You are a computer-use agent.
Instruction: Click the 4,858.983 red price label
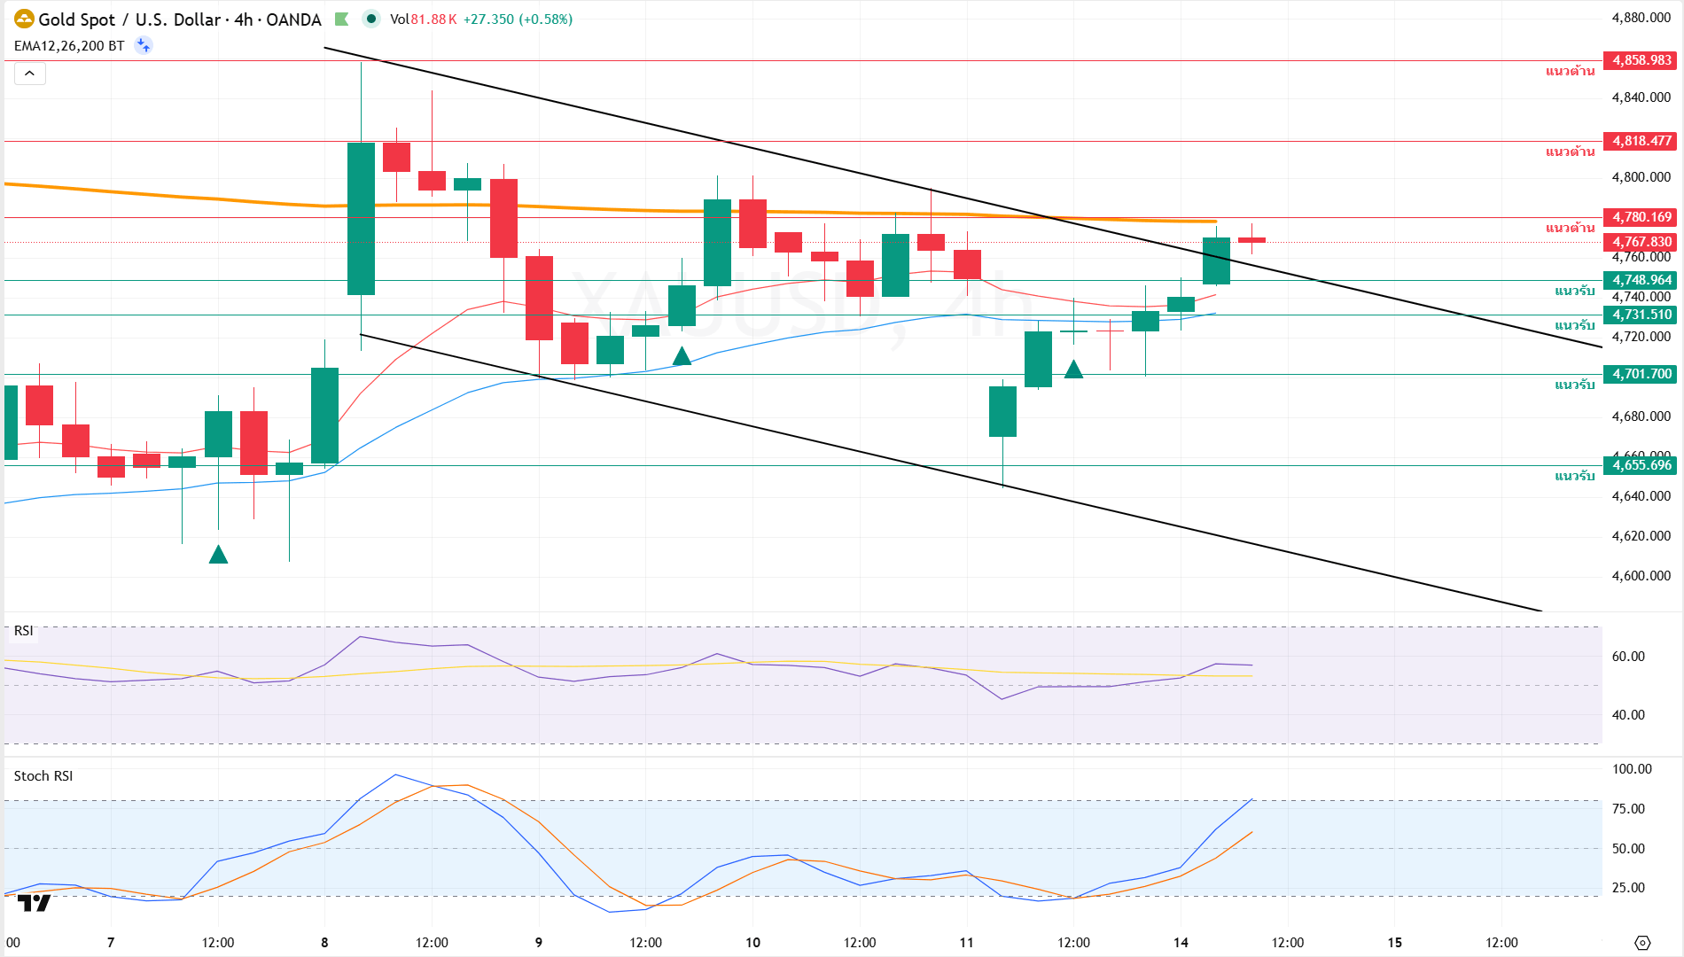click(1641, 60)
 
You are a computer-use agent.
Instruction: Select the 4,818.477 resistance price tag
click(1641, 141)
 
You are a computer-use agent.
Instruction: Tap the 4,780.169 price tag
click(1641, 217)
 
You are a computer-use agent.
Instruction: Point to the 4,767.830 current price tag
click(1641, 242)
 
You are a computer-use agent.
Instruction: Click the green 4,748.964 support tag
click(1641, 280)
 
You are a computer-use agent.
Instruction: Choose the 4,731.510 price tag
click(1641, 315)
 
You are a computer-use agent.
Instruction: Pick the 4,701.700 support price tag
click(1641, 374)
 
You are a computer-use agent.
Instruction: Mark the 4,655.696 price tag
click(1641, 465)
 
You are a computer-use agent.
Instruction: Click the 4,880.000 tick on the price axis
click(1641, 18)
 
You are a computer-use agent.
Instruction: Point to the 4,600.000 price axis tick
click(1641, 576)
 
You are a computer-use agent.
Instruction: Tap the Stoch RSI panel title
click(43, 776)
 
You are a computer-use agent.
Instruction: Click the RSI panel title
click(24, 631)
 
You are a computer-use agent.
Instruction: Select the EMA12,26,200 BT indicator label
click(69, 46)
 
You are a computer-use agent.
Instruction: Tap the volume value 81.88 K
click(433, 19)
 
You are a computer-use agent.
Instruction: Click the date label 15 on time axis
click(1395, 943)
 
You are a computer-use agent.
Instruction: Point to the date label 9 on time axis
click(539, 943)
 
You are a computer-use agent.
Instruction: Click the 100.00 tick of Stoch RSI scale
click(1632, 769)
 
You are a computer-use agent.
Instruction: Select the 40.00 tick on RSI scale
click(1628, 715)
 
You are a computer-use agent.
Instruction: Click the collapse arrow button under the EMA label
click(29, 74)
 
